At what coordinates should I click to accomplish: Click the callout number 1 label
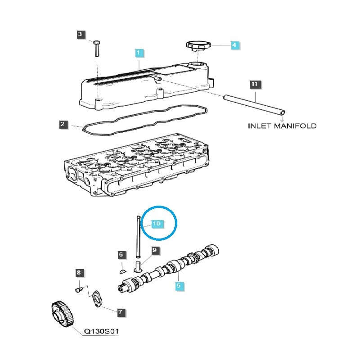(139, 53)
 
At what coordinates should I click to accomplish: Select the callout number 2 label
(63, 124)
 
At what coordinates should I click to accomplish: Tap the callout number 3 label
(80, 35)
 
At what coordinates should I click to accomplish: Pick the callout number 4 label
(234, 45)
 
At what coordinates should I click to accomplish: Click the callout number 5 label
(178, 285)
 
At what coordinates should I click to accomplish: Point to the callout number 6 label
(121, 255)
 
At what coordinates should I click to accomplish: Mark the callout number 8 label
(78, 273)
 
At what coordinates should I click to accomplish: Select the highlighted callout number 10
(156, 223)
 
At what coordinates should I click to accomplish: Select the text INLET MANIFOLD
(282, 126)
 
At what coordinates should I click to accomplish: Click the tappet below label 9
(138, 266)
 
